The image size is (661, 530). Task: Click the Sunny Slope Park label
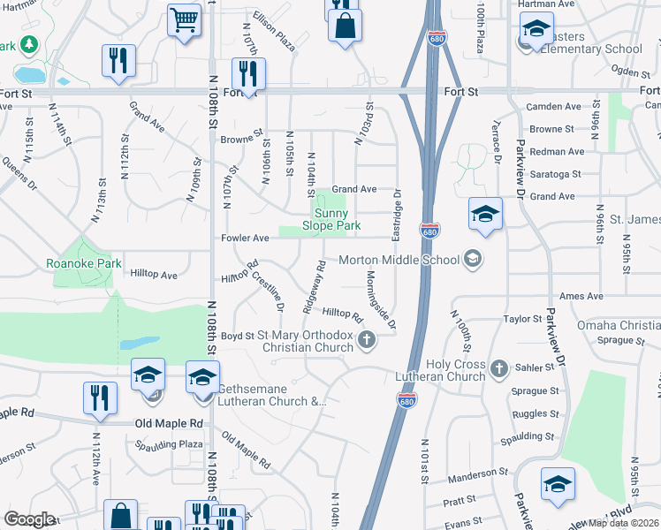pos(332,219)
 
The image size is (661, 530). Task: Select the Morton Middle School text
pos(399,259)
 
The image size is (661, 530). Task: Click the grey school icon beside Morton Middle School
pos(473,259)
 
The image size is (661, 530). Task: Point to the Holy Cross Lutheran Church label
pos(455,371)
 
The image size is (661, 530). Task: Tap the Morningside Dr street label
pos(379,298)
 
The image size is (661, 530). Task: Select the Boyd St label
pos(237,336)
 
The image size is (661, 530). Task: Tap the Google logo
pos(29,519)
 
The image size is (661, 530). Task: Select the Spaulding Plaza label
pos(168,444)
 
